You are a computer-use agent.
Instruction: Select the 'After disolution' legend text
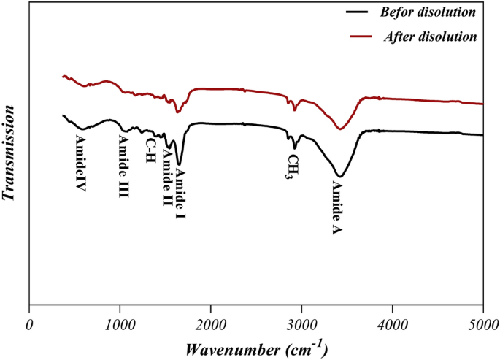point(431,37)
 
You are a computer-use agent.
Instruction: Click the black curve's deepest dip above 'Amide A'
point(339,176)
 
